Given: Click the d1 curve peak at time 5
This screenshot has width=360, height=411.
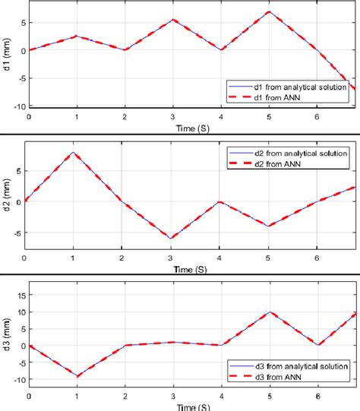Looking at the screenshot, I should [x=269, y=12].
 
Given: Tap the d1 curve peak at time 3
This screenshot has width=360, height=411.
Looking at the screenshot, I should [x=173, y=21].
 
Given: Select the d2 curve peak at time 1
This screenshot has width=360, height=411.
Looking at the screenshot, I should [x=73, y=153].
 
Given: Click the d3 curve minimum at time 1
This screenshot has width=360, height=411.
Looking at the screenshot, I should [x=77, y=375].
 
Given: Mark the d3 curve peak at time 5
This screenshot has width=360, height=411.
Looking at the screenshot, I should [x=269, y=312].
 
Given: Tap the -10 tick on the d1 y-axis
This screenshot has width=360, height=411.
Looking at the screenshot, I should [x=17, y=107].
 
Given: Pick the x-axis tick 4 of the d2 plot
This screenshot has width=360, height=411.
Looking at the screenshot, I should [x=219, y=258].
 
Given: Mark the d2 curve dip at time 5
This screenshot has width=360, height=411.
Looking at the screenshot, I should [x=267, y=226].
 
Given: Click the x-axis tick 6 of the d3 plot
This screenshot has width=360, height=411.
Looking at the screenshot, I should [x=317, y=396].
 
